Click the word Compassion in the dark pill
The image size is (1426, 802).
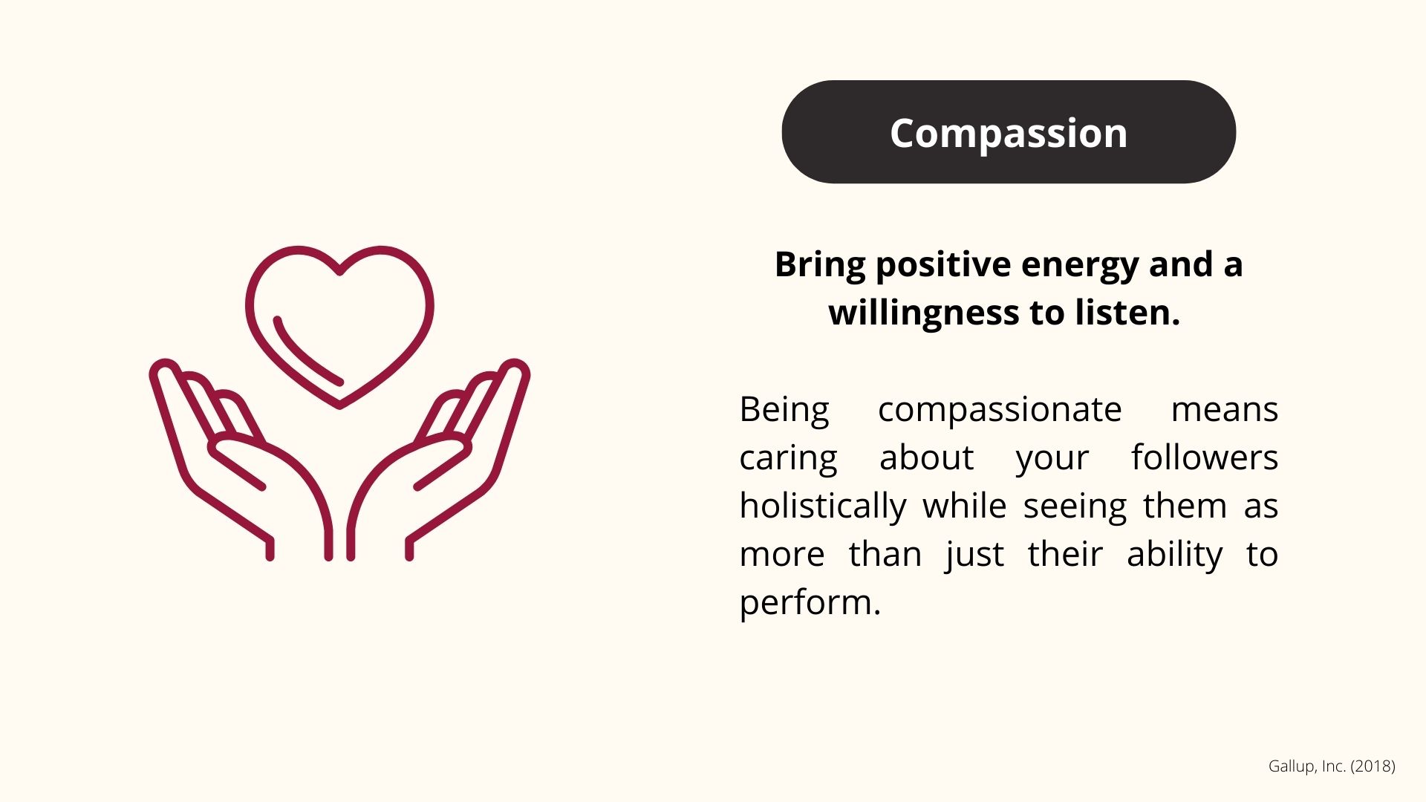1009,133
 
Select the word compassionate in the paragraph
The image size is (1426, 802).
1000,411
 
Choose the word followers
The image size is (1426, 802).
1205,457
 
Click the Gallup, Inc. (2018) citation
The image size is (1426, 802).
1332,766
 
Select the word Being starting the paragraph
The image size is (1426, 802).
784,411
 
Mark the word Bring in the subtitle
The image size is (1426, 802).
820,265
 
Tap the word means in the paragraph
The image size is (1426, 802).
1225,411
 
